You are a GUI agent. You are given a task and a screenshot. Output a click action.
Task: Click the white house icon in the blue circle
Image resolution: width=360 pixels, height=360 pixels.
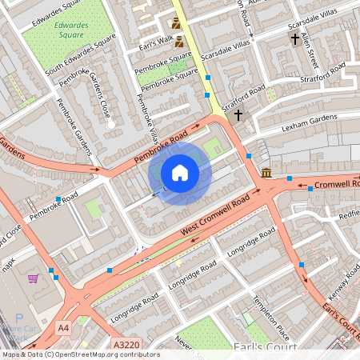[x=180, y=172]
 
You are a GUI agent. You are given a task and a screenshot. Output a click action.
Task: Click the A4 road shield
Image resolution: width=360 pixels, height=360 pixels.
[x=64, y=327]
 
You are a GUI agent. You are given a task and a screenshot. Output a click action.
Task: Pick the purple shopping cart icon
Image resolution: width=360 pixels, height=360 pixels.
[x=34, y=278]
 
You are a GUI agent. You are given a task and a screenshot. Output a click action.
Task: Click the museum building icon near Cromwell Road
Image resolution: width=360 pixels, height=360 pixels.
[x=266, y=173]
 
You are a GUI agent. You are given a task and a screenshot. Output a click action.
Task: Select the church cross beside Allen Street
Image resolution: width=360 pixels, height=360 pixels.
[x=294, y=38]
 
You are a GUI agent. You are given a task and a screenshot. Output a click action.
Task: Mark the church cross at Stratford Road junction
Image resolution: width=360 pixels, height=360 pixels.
[x=238, y=115]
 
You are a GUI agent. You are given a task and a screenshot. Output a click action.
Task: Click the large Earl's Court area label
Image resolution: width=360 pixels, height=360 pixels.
[x=264, y=347]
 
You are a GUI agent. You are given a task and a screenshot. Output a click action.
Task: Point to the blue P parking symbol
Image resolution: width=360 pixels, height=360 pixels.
[x=18, y=295]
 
